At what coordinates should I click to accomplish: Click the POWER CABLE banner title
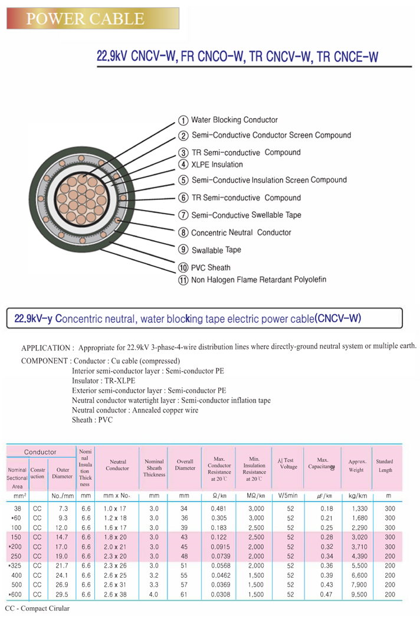86,19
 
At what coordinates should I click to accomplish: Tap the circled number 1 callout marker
183,120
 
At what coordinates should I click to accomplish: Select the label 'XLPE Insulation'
217,165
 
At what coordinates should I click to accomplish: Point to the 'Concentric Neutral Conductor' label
241,233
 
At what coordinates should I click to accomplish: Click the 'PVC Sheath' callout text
211,268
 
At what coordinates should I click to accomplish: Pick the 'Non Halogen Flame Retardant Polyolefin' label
258,280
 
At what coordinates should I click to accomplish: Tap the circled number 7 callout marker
183,215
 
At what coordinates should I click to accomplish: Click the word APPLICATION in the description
45,348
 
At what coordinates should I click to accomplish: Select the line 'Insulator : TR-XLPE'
103,381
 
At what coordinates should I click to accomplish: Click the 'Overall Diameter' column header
185,465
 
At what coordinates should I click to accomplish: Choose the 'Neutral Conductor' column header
117,465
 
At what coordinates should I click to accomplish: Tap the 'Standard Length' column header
385,466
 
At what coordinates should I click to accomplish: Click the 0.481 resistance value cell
218,509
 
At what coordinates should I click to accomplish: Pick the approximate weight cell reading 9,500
359,594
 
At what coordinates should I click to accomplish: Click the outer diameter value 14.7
62,537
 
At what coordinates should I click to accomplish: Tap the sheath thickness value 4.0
154,594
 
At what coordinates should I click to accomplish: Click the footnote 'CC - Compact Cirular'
37,608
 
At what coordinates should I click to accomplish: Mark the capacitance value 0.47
326,594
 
